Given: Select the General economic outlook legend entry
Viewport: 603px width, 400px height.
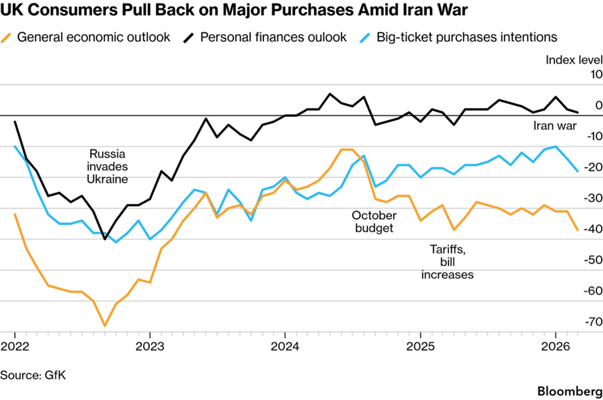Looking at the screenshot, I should point(93,37).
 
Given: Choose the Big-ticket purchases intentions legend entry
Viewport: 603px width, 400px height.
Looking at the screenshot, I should point(466,37).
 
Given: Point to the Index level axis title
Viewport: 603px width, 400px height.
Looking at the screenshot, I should point(574,60).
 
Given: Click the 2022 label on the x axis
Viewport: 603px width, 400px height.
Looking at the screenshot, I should point(15,347).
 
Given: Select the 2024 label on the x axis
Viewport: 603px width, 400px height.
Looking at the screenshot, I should point(285,347).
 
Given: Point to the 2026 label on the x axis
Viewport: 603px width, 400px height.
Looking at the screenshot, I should point(554,347).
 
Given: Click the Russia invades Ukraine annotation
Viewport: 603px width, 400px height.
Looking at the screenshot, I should point(107,165).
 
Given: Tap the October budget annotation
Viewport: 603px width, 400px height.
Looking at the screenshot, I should point(374,222).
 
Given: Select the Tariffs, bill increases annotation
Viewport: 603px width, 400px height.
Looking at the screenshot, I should point(447,262).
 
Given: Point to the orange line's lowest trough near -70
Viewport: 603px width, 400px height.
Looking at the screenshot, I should point(105,326).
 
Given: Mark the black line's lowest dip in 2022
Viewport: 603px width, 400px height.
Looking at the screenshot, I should point(105,239).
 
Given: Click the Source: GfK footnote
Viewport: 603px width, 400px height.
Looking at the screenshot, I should point(33,375).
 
